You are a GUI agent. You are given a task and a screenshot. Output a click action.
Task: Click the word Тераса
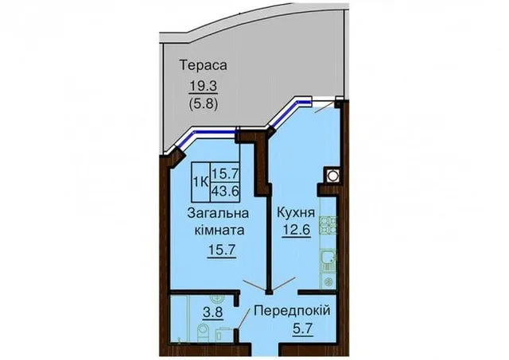[204, 65]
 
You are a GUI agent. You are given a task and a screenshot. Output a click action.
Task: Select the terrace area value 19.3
[204, 87]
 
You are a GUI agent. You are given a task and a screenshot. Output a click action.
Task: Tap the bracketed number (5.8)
[204, 104]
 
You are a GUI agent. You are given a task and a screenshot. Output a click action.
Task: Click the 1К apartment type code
[200, 182]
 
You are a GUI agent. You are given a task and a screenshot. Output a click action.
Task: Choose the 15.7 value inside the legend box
[225, 174]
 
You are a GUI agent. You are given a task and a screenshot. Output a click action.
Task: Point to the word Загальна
[218, 214]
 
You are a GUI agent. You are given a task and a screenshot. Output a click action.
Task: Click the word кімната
[220, 230]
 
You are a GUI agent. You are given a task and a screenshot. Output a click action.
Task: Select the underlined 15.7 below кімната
[222, 250]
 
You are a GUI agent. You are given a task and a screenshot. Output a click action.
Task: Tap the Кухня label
[296, 213]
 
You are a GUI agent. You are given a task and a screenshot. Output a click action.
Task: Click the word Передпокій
[292, 311]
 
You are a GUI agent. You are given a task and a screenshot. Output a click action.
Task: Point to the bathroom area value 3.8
[212, 312]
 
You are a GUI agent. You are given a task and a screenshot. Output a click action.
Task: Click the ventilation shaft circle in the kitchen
[332, 176]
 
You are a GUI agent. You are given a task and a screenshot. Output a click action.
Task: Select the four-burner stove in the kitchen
[328, 226]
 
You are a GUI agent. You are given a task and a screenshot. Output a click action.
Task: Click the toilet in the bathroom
[204, 331]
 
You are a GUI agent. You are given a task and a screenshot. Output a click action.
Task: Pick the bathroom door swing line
[244, 319]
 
